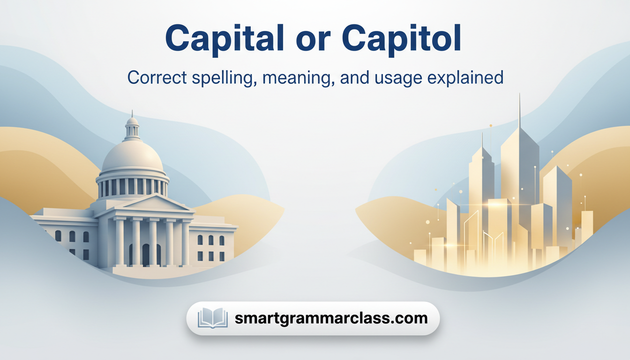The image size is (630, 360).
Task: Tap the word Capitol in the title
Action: [401, 39]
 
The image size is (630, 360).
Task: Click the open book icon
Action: [212, 318]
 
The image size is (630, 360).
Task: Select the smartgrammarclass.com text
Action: [331, 318]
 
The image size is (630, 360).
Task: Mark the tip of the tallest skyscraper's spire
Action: [519, 94]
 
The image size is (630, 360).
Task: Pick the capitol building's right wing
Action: [214, 241]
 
